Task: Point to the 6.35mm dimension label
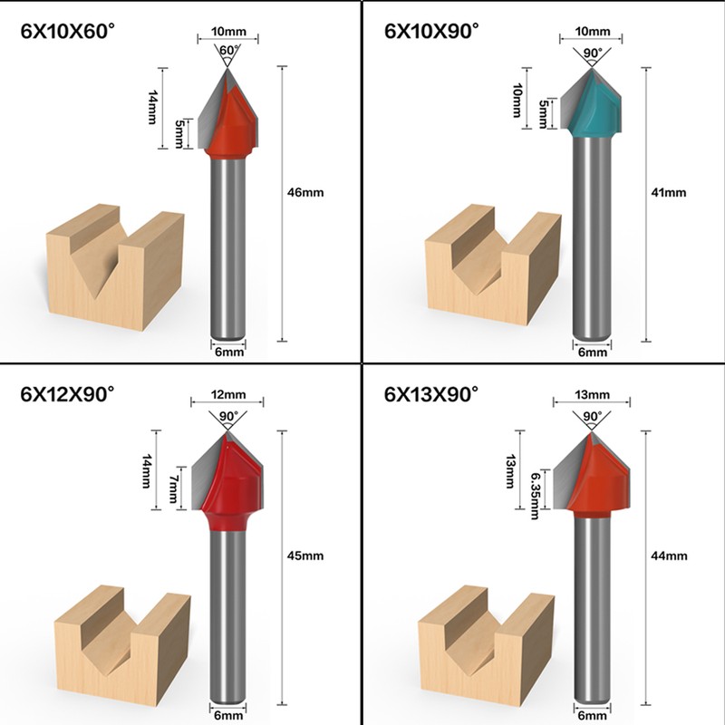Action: [x=536, y=493]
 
